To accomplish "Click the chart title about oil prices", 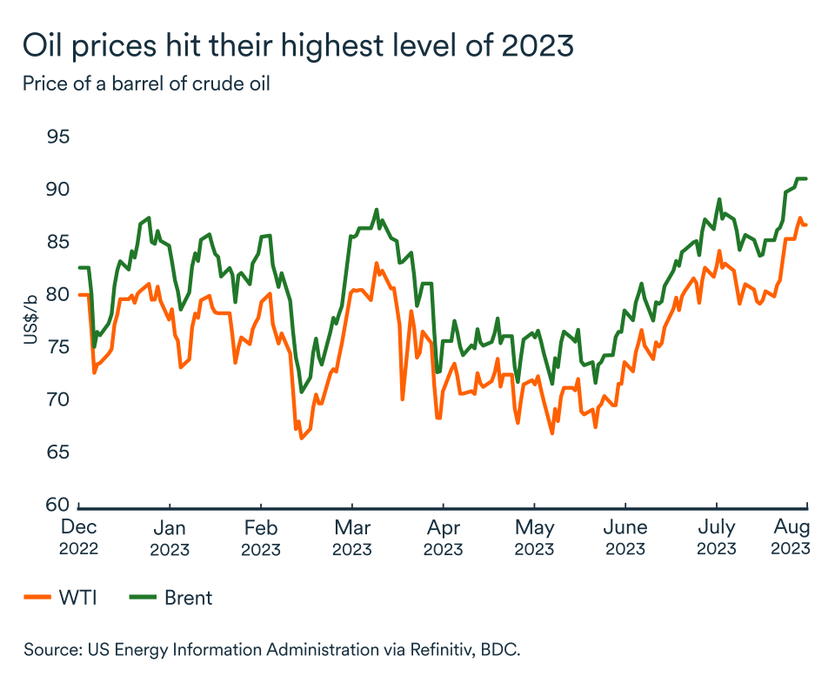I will coord(298,45).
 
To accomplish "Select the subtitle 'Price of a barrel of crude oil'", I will coord(153,84).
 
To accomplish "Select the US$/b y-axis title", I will coord(30,320).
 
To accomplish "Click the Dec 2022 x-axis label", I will coord(78,538).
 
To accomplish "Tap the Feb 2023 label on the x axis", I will coord(260,538).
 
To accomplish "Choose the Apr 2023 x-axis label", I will coord(443,538).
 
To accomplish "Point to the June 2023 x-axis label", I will coord(625,538).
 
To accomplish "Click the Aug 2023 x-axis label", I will coord(791,538).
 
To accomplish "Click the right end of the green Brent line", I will coord(807,178).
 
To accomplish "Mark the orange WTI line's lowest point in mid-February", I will coord(302,438).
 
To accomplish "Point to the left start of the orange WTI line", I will coord(79,295).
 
